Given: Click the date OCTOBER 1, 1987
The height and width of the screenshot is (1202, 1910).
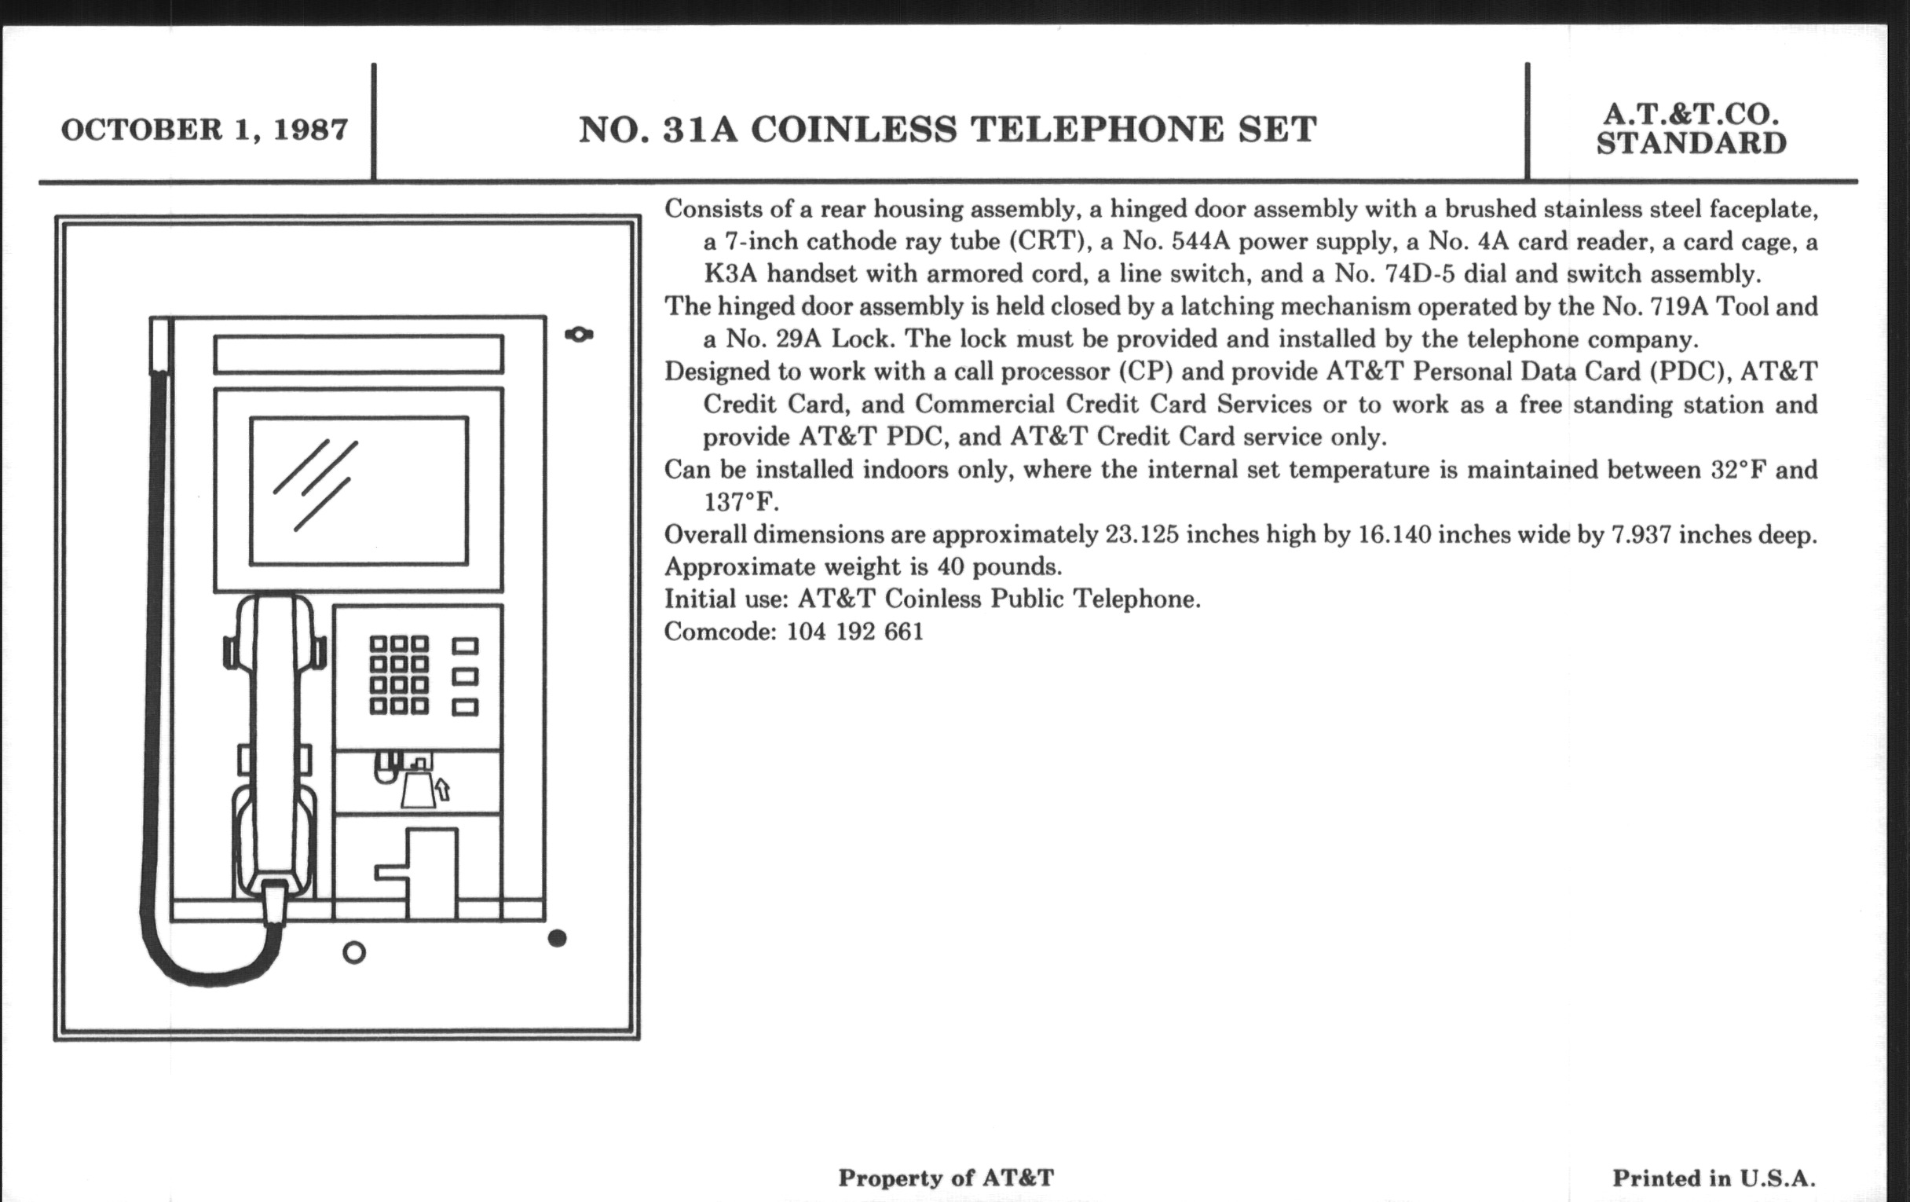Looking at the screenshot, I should [x=204, y=130].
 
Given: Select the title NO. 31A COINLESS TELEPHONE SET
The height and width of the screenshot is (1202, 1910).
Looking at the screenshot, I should [x=947, y=130].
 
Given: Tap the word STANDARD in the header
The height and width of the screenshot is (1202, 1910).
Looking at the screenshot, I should [x=1691, y=144].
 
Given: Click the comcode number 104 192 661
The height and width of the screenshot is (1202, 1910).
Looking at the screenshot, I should [x=855, y=632].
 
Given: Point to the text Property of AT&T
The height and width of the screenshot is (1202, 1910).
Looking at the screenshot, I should [x=946, y=1178].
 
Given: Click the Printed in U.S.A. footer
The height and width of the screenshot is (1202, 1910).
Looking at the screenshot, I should [x=1714, y=1178].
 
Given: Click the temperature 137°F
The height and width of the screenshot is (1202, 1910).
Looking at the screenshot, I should [x=741, y=502].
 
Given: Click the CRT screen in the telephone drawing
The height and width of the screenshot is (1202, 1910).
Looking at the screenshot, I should [x=359, y=490].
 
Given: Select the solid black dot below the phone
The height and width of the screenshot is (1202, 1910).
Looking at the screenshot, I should [x=557, y=939].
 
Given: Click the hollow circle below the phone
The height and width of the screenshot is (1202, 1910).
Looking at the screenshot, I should [x=353, y=952].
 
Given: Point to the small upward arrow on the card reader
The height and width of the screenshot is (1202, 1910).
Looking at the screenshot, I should [x=443, y=789].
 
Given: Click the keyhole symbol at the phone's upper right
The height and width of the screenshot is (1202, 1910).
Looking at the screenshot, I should [x=579, y=335].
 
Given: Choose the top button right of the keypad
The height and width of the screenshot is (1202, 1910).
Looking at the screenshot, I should [x=465, y=647].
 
